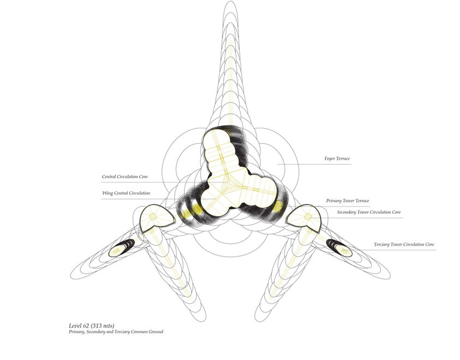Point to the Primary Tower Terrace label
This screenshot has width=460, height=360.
(348, 201)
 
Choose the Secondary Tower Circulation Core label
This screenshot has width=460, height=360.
(369, 212)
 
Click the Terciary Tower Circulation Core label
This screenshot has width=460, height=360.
(404, 244)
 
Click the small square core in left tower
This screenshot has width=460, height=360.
(153, 217)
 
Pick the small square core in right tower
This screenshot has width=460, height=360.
(308, 217)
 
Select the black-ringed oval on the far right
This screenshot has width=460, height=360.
(343, 250)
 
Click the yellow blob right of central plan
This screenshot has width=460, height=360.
(278, 207)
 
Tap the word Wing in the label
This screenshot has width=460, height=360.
(107, 193)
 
